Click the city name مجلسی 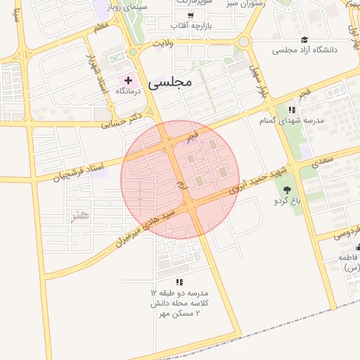[x=171, y=82]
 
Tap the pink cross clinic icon [x=128, y=80]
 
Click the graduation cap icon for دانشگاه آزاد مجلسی [x=304, y=39]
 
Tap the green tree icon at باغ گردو [x=287, y=190]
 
